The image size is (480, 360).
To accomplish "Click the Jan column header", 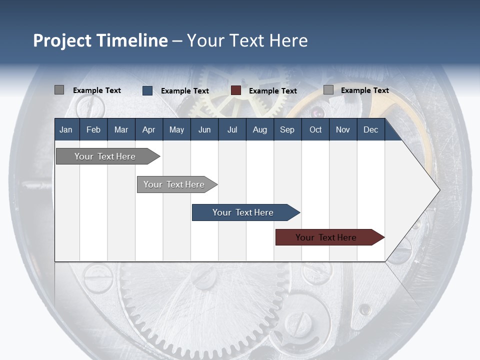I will point(66,129).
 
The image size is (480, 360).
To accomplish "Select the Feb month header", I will point(93,129).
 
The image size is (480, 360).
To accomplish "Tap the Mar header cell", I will point(121,129).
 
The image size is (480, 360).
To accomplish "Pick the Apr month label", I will point(149,129).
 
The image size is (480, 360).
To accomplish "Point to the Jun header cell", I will point(204,129).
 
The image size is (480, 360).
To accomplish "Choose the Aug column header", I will point(260,129).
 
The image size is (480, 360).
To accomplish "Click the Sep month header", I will point(287,129).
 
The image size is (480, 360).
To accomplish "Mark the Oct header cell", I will point(315,129).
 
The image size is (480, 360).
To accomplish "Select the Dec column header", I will point(371,129).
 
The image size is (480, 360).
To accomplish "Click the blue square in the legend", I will point(147,90).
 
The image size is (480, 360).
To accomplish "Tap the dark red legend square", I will point(236,90).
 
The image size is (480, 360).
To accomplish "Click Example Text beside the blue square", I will point(185,91).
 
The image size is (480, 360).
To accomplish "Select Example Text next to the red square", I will point(273,91).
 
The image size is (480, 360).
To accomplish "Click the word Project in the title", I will point(62,40).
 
